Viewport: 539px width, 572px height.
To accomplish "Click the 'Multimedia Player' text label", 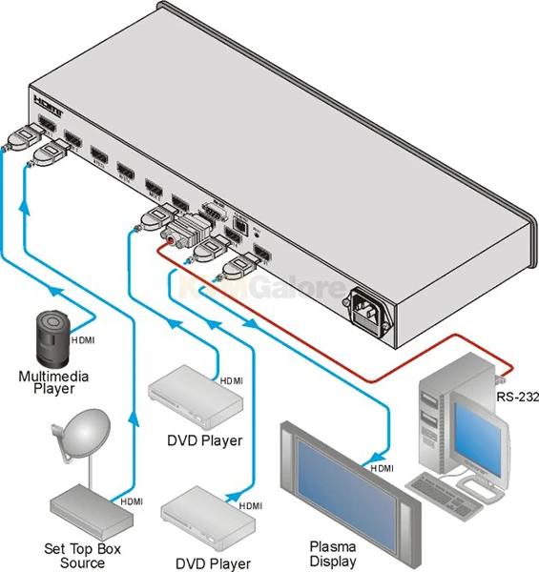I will (x=54, y=382).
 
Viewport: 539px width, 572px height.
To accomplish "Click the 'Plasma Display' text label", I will (x=332, y=555).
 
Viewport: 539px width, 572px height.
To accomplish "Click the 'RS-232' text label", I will (x=515, y=397).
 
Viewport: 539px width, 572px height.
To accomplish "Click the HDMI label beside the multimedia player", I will (x=81, y=339).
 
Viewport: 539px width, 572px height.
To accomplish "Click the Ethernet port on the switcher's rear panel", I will (x=243, y=227).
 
